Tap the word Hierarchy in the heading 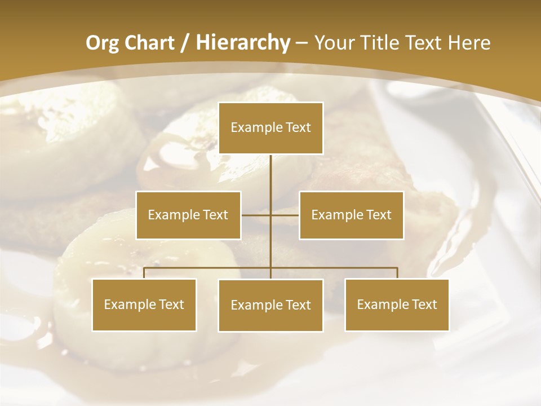click(x=242, y=43)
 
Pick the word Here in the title click(x=469, y=43)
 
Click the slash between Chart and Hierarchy click(x=184, y=43)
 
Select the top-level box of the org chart click(x=271, y=128)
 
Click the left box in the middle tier click(x=188, y=215)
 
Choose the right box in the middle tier click(x=351, y=215)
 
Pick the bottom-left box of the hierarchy click(x=144, y=304)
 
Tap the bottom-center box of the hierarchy click(x=271, y=305)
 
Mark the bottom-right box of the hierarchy click(x=397, y=304)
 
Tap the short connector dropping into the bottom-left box click(x=144, y=273)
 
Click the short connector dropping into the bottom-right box click(x=397, y=273)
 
